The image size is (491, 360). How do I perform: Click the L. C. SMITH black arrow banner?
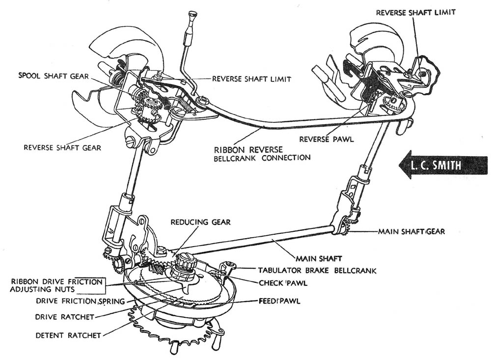coord(442,165)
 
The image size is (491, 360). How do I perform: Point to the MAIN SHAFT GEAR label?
coord(410,231)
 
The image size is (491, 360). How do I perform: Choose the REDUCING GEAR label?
coord(200,223)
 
